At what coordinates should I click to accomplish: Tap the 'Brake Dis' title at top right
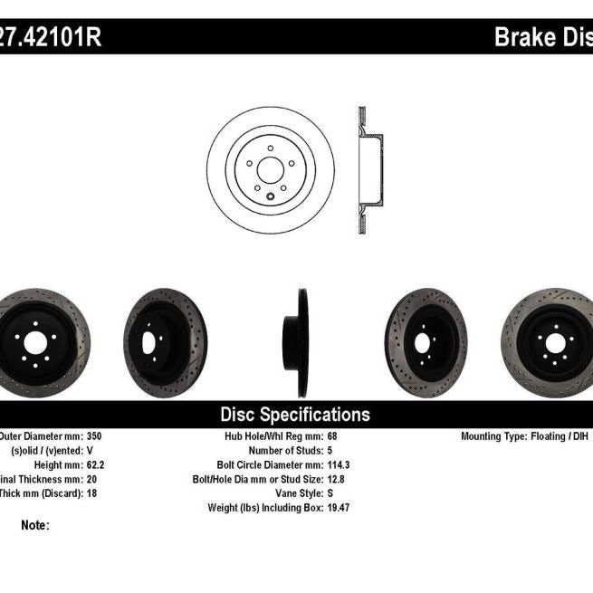[x=541, y=37]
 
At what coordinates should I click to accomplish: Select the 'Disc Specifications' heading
[x=295, y=415]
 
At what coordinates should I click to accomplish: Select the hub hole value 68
[x=332, y=435]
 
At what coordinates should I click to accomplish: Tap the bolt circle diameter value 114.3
[x=339, y=464]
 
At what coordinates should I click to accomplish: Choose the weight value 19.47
[x=339, y=508]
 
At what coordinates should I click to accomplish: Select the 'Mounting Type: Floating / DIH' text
[x=524, y=435]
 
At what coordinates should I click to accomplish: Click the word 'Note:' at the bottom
[x=34, y=525]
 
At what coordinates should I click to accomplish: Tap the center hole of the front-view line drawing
[x=270, y=169]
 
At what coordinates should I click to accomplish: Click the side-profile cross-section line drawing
[x=368, y=169]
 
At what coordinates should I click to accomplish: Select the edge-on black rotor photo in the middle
[x=299, y=342]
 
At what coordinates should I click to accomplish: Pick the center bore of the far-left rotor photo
[x=34, y=342]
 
